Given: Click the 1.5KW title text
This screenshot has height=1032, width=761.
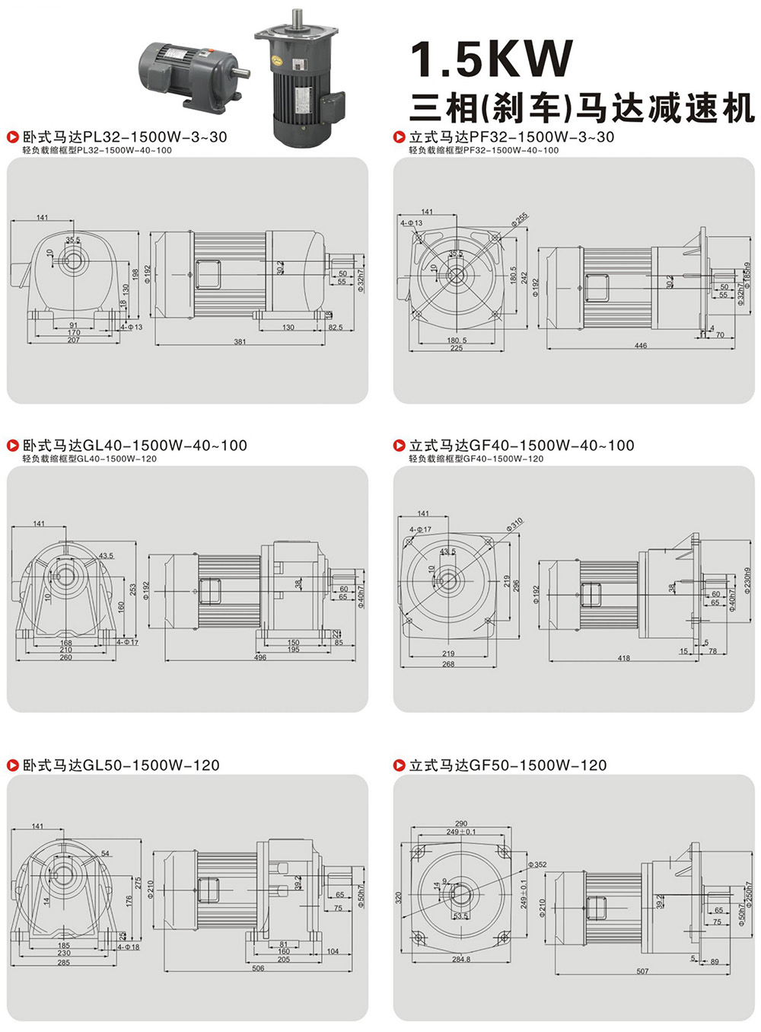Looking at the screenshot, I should click(492, 60).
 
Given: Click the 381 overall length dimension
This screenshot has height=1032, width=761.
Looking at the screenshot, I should click(240, 342).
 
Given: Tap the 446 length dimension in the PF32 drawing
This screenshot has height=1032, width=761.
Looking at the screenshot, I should click(641, 346).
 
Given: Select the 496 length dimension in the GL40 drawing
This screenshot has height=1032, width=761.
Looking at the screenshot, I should click(260, 657).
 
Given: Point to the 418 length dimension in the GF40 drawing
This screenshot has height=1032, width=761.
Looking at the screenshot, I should click(624, 658).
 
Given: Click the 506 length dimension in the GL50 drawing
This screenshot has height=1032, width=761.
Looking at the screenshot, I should click(258, 969).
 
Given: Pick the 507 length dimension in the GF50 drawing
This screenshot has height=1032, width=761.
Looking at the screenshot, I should click(643, 971).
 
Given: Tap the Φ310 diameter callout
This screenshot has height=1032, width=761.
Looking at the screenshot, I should click(515, 525).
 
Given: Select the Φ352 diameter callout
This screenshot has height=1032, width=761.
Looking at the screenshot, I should click(538, 864).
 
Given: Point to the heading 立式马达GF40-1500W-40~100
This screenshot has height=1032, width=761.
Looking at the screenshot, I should click(521, 446).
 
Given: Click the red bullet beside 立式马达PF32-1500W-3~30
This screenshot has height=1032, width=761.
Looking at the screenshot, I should click(399, 137).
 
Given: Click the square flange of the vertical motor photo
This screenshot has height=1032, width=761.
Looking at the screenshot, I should click(297, 34).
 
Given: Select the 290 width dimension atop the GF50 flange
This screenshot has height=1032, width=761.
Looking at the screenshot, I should click(461, 823).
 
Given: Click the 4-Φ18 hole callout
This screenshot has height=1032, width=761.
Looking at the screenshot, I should click(129, 947).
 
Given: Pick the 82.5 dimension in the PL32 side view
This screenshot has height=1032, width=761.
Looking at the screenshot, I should click(335, 327).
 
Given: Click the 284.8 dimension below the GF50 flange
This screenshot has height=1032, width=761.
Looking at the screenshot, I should click(461, 959).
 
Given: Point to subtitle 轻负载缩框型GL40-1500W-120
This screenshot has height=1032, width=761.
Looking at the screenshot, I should click(89, 459).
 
